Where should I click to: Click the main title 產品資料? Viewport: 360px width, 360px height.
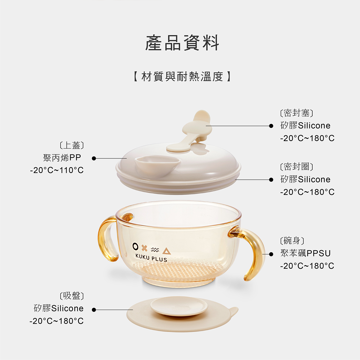182,43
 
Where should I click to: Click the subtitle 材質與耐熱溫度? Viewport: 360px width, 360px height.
182,76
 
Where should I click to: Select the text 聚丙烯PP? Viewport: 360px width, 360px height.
62,158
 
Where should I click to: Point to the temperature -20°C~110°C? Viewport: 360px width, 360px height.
57,170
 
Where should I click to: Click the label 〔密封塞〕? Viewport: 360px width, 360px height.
296,113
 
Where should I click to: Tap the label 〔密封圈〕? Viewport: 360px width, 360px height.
296,167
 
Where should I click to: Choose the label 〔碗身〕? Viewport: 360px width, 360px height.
292,241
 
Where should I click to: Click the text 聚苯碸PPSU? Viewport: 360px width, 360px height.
305,253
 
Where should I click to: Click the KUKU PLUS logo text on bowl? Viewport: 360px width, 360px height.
151,258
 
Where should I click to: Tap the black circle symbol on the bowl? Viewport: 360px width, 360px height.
136,247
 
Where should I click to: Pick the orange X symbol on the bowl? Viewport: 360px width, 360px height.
145,248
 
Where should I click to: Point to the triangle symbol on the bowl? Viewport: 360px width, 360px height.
166,251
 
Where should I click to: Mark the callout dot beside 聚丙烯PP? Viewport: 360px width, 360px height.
94,158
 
